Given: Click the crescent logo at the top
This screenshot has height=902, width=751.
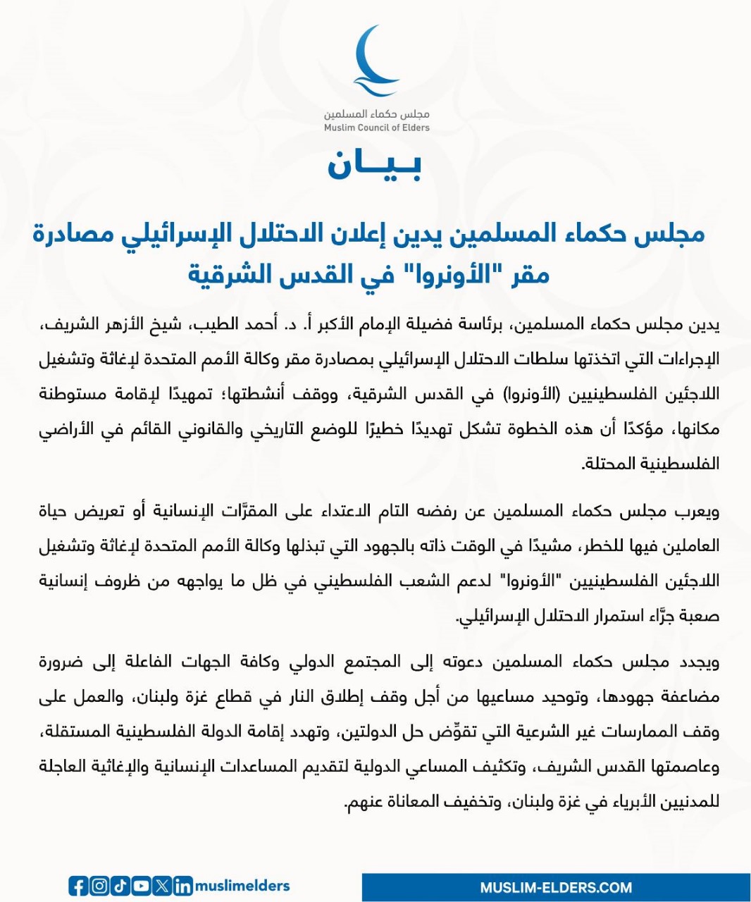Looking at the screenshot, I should click(x=376, y=62).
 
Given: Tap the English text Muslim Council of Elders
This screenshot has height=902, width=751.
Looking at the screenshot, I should click(x=376, y=128).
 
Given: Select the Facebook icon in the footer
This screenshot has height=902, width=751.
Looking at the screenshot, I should click(x=78, y=886).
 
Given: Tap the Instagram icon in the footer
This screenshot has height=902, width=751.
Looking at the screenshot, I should click(x=99, y=886).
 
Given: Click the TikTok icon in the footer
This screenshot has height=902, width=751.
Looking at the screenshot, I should click(x=120, y=886).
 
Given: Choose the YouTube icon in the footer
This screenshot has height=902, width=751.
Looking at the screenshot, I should click(x=141, y=886).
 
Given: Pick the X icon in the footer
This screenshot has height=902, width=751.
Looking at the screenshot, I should click(x=162, y=886).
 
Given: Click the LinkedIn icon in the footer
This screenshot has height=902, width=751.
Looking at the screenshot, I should click(x=182, y=886).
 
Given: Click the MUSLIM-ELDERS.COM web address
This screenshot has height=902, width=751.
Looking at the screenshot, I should click(x=556, y=887).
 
